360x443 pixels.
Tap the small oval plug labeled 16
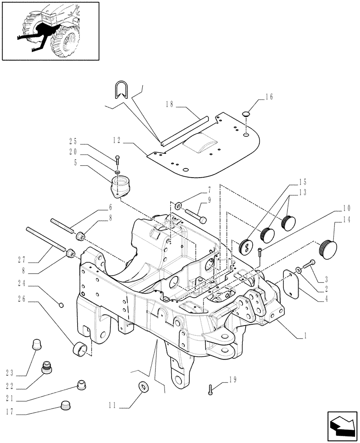click(247, 115)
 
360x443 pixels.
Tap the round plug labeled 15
click(245, 246)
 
